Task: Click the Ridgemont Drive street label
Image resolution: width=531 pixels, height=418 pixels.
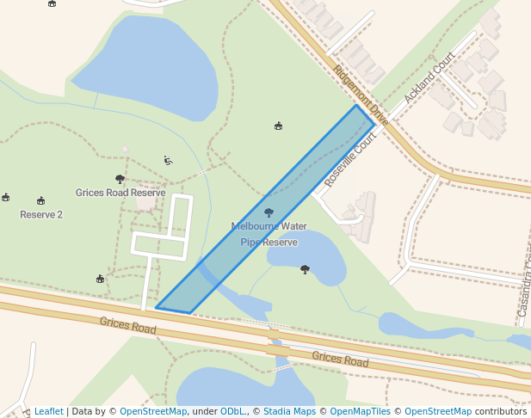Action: [361, 96]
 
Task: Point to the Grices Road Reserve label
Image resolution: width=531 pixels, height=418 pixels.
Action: [120, 193]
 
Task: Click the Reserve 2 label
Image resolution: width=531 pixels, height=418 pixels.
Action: [41, 214]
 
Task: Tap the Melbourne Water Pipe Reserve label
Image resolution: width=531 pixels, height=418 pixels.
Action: [269, 234]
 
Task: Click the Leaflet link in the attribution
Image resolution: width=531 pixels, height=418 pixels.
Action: [49, 411]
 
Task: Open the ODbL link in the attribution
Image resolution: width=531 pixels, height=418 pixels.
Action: [232, 411]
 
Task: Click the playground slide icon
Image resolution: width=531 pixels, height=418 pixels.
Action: [168, 160]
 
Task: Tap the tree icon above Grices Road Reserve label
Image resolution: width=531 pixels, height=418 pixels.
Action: [120, 179]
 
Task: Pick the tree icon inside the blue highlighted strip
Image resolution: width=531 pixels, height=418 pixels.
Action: [269, 212]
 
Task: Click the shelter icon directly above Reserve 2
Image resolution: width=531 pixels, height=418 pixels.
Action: [40, 200]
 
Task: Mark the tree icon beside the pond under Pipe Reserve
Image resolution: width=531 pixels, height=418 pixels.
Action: [305, 269]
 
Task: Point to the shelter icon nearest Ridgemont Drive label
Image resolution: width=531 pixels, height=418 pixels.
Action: [278, 126]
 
